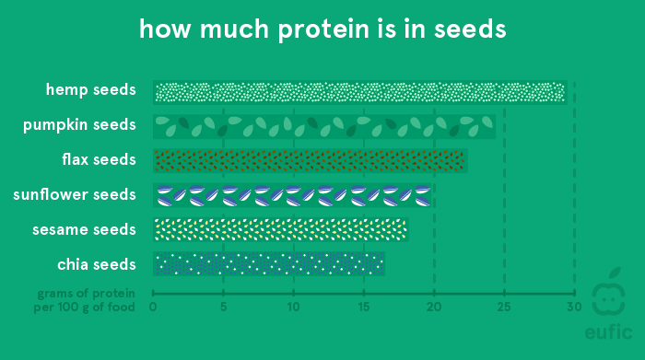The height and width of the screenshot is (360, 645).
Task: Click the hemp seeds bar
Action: [x=359, y=91]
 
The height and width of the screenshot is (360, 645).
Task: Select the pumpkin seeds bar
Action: [x=324, y=126]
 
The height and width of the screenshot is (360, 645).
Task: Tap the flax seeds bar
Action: [x=311, y=160]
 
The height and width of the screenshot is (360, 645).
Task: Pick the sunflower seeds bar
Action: [x=293, y=195]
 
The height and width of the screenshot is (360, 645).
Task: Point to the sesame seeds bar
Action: [x=280, y=229]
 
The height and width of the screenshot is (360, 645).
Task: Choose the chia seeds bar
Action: [x=269, y=264]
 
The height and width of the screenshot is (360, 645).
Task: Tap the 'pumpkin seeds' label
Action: [x=80, y=124]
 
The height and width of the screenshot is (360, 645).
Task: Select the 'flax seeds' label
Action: [x=100, y=159]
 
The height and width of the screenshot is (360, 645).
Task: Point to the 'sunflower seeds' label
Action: [x=75, y=194]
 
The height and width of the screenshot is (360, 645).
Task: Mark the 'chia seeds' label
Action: [x=97, y=264]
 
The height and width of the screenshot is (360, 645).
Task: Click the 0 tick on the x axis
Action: [x=153, y=307]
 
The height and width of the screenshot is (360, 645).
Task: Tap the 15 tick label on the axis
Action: [x=364, y=307]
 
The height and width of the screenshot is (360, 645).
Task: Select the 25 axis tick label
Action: [x=504, y=307]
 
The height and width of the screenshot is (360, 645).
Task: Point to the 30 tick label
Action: [x=574, y=307]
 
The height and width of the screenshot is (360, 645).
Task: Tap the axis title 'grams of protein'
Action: [x=87, y=295]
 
